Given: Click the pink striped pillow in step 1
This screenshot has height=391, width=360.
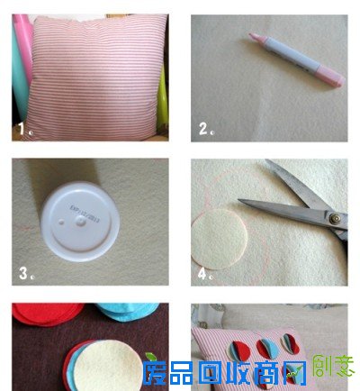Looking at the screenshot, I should pos(90,77).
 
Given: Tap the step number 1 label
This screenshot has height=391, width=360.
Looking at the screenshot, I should pos(21,130).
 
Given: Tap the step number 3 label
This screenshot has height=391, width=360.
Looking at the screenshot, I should pos(22,270).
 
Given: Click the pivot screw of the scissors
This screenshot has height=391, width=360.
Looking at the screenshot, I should pos(335,217).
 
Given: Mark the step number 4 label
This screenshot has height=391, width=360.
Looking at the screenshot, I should pos(202,270).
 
